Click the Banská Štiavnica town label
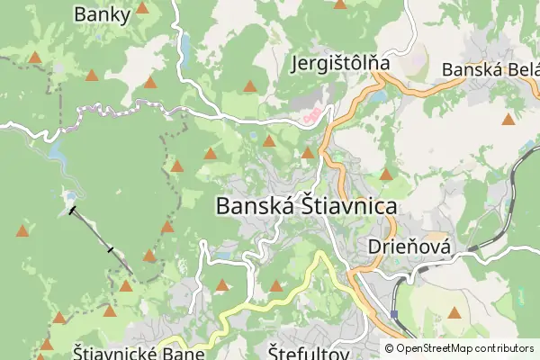[x=307, y=206]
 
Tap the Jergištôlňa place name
[x=340, y=64]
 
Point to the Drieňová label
[x=409, y=246]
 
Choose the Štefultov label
[x=309, y=352]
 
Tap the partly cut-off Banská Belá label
[x=490, y=69]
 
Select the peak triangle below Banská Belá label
[x=508, y=119]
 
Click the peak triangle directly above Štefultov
[x=276, y=287]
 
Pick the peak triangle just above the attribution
[x=455, y=313]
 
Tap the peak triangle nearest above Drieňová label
[x=387, y=175]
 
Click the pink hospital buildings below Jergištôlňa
[x=311, y=115]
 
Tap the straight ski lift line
[x=101, y=238]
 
